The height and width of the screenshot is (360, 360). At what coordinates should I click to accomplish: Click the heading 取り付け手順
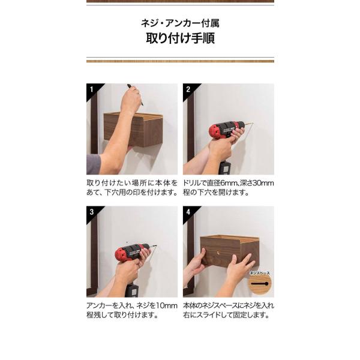[x=180, y=38]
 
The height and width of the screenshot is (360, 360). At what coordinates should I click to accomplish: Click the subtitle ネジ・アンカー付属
[x=180, y=23]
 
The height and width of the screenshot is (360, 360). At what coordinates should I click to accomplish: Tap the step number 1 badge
[x=92, y=89]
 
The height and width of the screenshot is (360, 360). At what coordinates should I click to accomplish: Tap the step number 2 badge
[x=188, y=89]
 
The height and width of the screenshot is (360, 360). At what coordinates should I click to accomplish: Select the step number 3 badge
[x=92, y=212]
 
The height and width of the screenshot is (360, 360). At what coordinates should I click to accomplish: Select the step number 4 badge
[x=188, y=212]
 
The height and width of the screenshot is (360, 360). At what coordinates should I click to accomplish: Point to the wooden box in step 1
[x=133, y=130]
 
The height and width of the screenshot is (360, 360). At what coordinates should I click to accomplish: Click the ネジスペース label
[x=260, y=273]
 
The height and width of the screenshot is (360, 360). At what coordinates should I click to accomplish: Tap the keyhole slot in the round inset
[x=259, y=284]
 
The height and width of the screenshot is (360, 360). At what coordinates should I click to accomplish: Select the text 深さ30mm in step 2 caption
[x=257, y=183]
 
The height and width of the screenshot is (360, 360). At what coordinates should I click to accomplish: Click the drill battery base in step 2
[x=224, y=167]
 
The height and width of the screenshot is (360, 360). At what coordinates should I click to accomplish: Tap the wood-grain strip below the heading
[x=180, y=61]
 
